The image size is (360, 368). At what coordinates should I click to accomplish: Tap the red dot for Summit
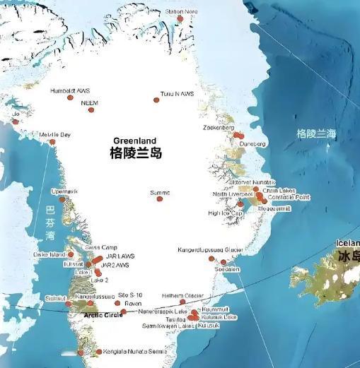click(159, 199)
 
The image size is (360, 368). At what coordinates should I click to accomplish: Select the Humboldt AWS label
click(70, 90)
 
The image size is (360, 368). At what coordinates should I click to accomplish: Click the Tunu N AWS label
click(177, 93)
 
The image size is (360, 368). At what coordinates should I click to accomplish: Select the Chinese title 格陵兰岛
click(136, 152)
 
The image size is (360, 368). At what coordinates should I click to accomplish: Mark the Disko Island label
click(48, 254)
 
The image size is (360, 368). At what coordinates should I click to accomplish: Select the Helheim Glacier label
click(183, 295)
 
